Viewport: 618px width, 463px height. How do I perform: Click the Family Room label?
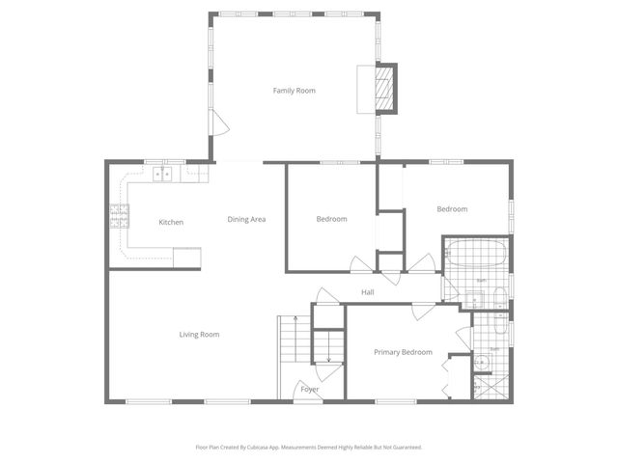click(x=294, y=91)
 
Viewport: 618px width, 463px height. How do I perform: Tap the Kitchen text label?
click(x=171, y=223)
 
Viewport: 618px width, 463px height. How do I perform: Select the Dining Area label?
click(x=246, y=219)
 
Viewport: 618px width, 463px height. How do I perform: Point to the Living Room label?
click(x=199, y=335)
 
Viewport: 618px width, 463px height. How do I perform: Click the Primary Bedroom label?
click(x=403, y=352)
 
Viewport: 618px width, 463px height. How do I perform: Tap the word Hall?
click(x=367, y=292)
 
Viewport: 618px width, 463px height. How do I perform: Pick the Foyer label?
click(x=309, y=389)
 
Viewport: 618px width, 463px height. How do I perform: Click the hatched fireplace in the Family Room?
click(x=385, y=90)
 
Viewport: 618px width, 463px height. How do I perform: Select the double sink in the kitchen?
click(x=164, y=174)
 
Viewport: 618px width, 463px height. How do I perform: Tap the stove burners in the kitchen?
click(x=119, y=216)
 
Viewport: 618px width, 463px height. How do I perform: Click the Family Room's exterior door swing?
click(x=219, y=123)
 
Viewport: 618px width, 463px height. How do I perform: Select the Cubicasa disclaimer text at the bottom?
click(x=309, y=448)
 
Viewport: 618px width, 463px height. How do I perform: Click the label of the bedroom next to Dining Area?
click(x=331, y=219)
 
